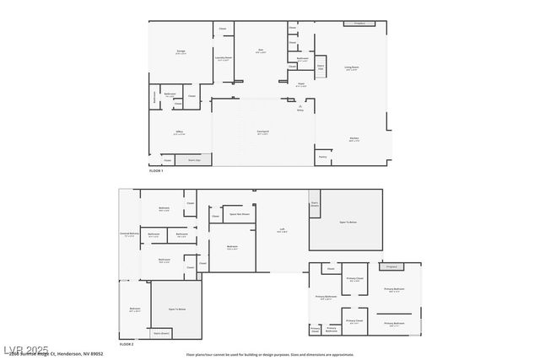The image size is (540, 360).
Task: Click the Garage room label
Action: (x=181, y=52)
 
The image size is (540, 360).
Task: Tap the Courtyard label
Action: (x=262, y=132)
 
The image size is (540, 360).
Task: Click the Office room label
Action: (x=180, y=132)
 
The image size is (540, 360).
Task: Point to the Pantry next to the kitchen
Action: (x=322, y=157)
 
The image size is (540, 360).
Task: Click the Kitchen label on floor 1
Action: (x=354, y=140)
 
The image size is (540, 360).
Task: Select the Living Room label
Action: (x=351, y=68)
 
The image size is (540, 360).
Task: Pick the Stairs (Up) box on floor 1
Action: (x=321, y=67)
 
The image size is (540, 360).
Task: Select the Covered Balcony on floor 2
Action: (x=127, y=235)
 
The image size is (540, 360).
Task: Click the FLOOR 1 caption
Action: (x=155, y=171)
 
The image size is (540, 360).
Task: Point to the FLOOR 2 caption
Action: (x=126, y=344)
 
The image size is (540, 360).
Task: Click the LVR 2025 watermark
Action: (x=25, y=348)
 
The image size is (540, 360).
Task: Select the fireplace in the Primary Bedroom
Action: (x=391, y=266)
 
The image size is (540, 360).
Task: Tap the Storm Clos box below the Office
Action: (x=193, y=159)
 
